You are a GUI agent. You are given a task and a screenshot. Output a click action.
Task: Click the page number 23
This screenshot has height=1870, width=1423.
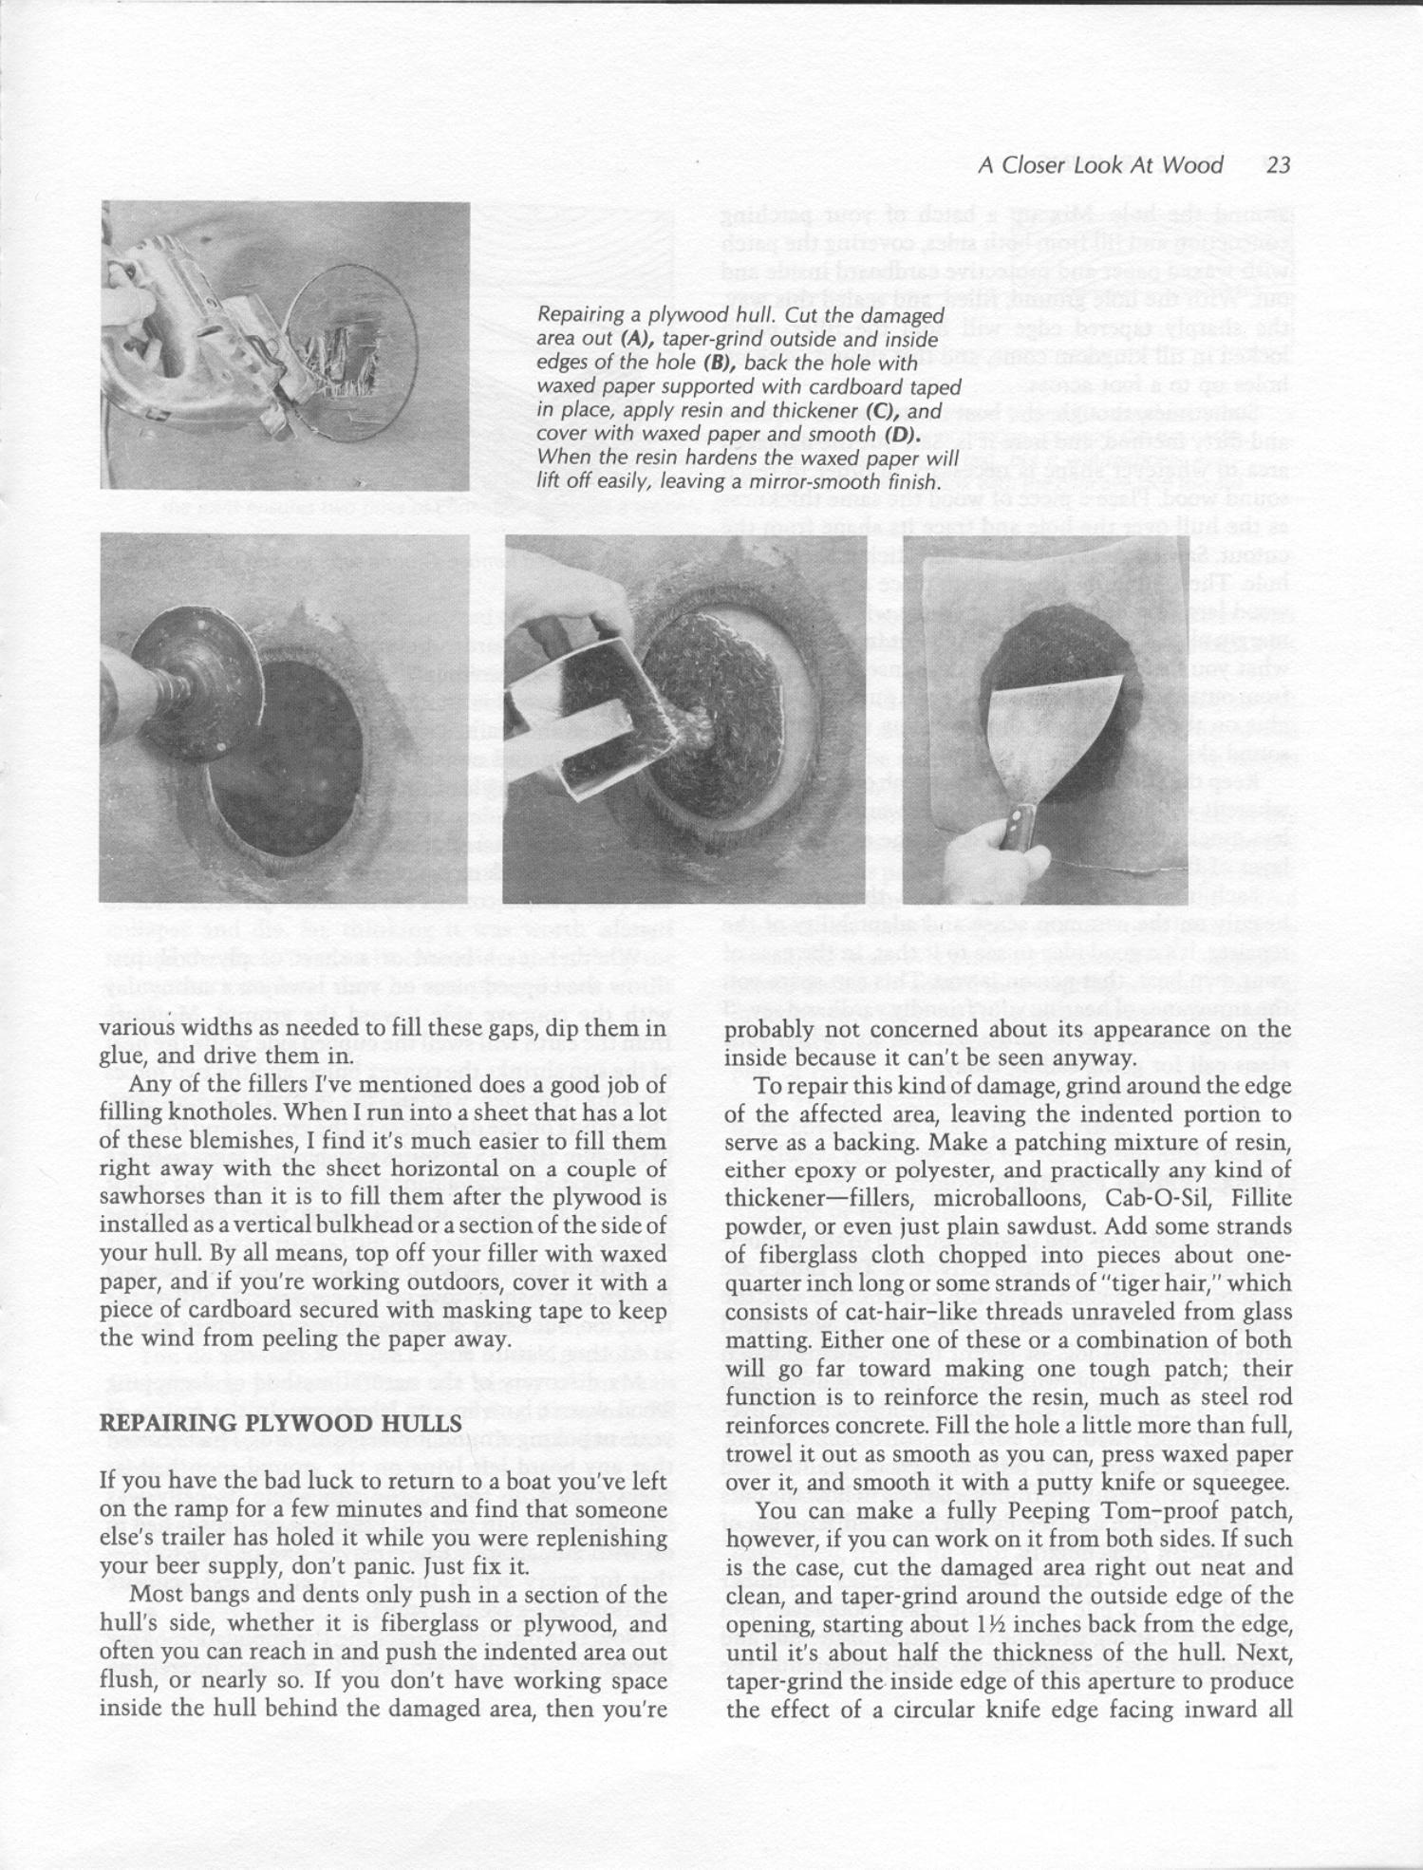tap(1279, 166)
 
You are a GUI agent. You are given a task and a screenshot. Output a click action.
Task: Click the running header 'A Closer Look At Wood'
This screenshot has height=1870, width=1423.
tap(1100, 166)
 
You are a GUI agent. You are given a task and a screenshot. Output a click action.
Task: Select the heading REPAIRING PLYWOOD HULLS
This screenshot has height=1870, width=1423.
tap(281, 1424)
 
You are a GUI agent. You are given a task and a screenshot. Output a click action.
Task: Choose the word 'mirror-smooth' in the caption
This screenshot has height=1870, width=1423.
tap(821, 483)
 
